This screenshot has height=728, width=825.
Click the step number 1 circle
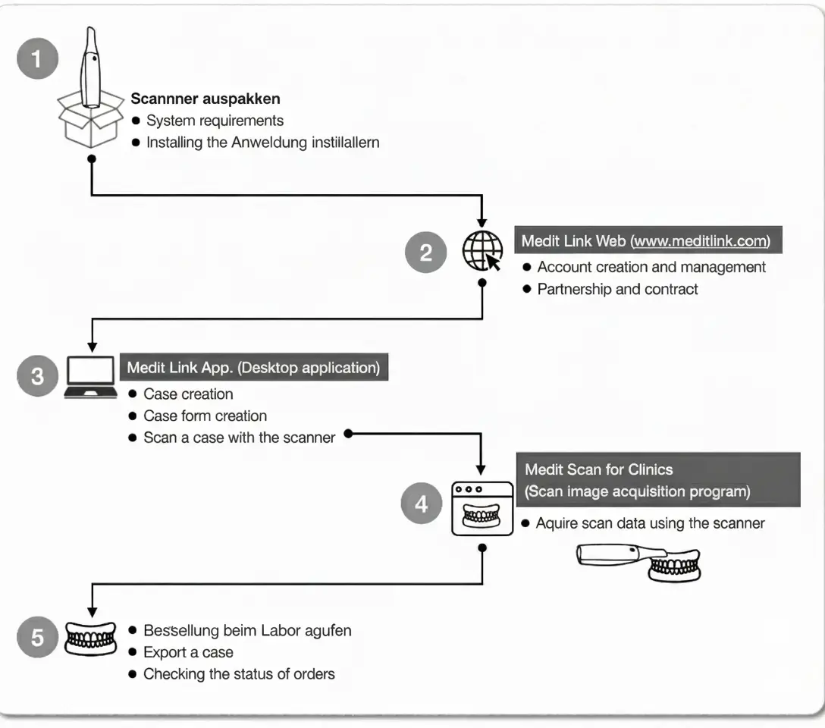point(37,58)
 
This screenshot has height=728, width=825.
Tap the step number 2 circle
point(425,252)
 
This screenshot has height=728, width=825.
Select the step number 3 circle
point(37,375)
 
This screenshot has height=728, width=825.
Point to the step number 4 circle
point(421,504)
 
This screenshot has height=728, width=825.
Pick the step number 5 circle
point(37,637)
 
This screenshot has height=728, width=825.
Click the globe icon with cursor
point(482,251)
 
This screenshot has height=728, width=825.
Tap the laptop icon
point(90,377)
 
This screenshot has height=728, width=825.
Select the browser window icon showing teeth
point(482,509)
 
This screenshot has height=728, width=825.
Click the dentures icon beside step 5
point(90,639)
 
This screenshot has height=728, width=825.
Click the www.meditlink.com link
point(701,241)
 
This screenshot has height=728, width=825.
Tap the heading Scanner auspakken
point(205,99)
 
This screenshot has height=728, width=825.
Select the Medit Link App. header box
point(254,366)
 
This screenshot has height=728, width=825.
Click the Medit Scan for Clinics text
point(599,469)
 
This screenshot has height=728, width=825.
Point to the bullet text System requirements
point(215,121)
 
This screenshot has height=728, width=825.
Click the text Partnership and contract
point(618,290)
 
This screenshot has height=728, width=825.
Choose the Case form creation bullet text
point(205,416)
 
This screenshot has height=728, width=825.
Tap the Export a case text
point(188,652)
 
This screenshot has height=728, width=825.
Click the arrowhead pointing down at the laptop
point(92,347)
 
